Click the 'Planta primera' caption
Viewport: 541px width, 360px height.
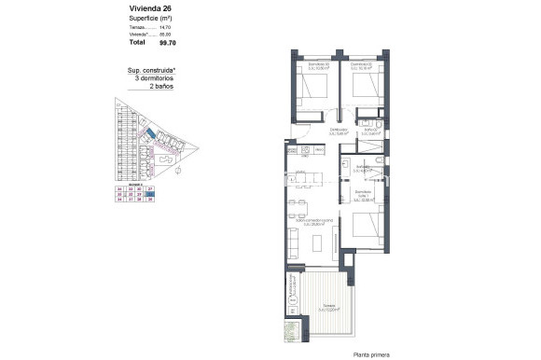[x=373, y=353]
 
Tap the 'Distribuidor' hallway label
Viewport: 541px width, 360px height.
[x=338, y=130]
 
